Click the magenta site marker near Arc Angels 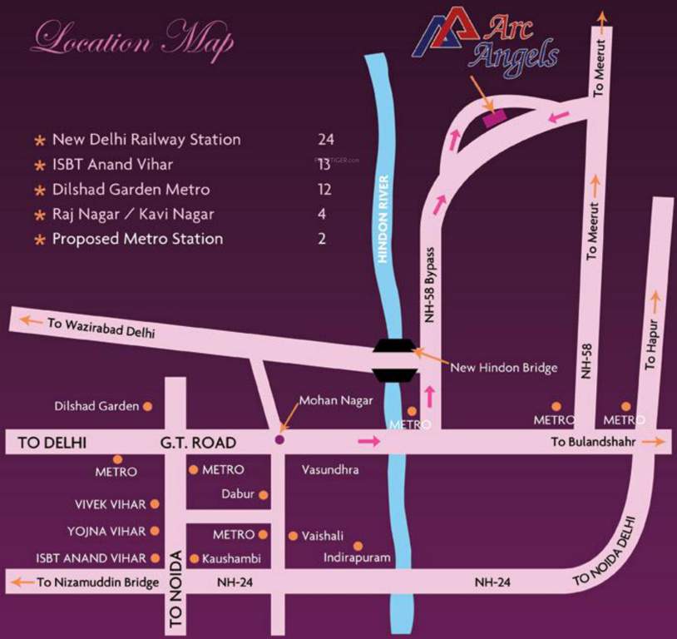tap(495, 117)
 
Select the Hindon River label tap(383, 219)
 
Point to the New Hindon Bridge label tap(502, 367)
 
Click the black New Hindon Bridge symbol tap(393, 360)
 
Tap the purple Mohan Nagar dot tap(279, 438)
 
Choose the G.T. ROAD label tap(200, 443)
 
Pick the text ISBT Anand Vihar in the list tap(112, 164)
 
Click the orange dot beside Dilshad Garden tap(148, 407)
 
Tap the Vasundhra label tap(331, 470)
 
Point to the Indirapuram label tap(357, 557)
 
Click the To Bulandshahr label tap(593, 443)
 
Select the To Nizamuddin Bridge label tap(97, 582)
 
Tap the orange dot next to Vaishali tap(292, 536)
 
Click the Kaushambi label tap(231, 558)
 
